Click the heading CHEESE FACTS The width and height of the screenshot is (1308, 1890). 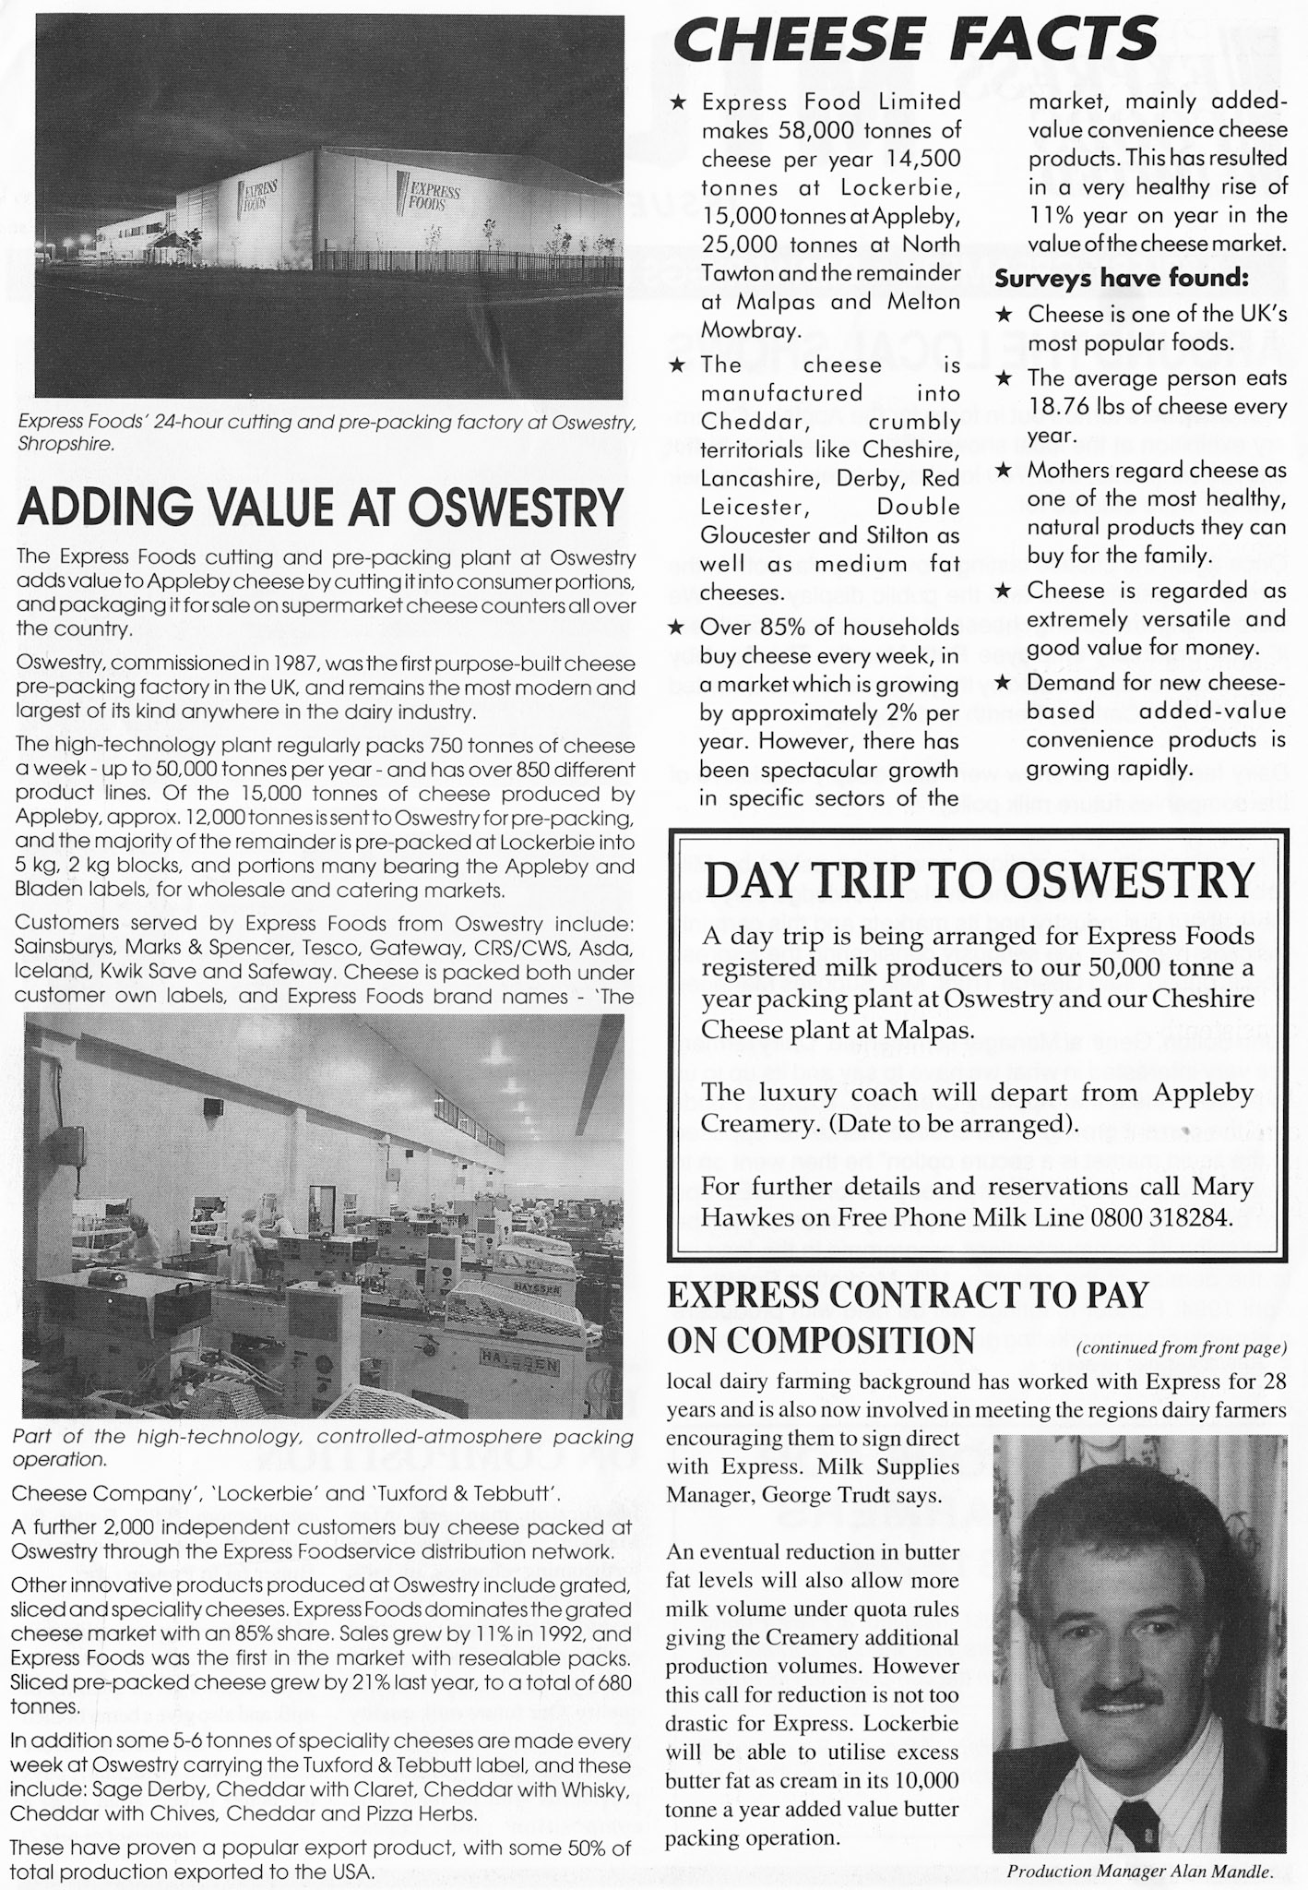click(x=916, y=39)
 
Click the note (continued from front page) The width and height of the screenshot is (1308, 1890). click(x=1180, y=1348)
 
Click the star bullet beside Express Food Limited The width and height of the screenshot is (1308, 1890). click(x=676, y=103)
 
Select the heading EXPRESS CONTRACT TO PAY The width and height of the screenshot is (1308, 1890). click(x=907, y=1295)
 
